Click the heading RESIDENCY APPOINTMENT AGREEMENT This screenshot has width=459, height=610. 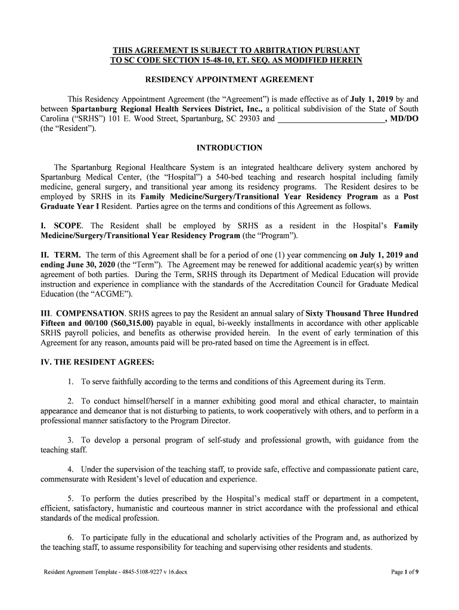(x=229, y=80)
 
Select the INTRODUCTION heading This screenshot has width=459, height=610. (x=229, y=148)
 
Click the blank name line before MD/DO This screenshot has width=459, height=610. (x=331, y=119)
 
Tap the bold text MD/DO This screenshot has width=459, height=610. (x=404, y=119)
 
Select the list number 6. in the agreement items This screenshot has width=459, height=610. (x=70, y=537)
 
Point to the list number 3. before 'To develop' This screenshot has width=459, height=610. (x=70, y=440)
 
